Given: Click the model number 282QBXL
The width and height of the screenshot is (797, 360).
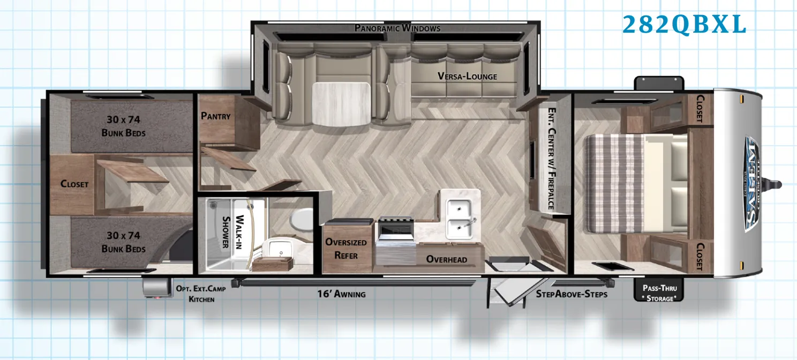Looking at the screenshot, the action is pos(684,25).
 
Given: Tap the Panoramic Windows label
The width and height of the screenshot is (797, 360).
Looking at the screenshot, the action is pos(397,28).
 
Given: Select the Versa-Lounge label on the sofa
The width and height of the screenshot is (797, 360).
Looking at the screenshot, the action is pos(467,76).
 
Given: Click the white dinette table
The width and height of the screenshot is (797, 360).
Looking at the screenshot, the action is pos(341,104).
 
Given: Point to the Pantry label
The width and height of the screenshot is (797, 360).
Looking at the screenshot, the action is pos(216,116).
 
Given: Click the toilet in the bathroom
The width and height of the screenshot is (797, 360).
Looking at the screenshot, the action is pos(302,219).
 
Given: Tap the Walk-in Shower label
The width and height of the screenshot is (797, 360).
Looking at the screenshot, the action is pos(232,231).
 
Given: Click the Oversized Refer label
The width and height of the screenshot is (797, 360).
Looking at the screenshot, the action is pos(346,249).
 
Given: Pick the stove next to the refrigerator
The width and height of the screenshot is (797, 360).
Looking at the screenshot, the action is pos(396,241).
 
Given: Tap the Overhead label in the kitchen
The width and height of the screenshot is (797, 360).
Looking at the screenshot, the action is pos(447,259).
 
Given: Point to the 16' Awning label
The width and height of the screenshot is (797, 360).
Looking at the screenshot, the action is pos(341,294).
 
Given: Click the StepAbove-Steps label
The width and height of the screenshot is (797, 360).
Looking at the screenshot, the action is pos(572,294).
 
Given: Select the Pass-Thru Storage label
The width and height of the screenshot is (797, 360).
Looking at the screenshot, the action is pos(660,293).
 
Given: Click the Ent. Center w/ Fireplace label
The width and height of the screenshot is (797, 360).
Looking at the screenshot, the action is pos(552,159).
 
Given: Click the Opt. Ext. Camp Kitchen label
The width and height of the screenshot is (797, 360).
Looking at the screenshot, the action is pos(201,294).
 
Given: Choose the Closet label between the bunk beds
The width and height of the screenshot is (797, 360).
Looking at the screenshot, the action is pos(74,184).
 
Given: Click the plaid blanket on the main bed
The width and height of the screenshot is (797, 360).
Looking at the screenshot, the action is pos(614,184).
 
